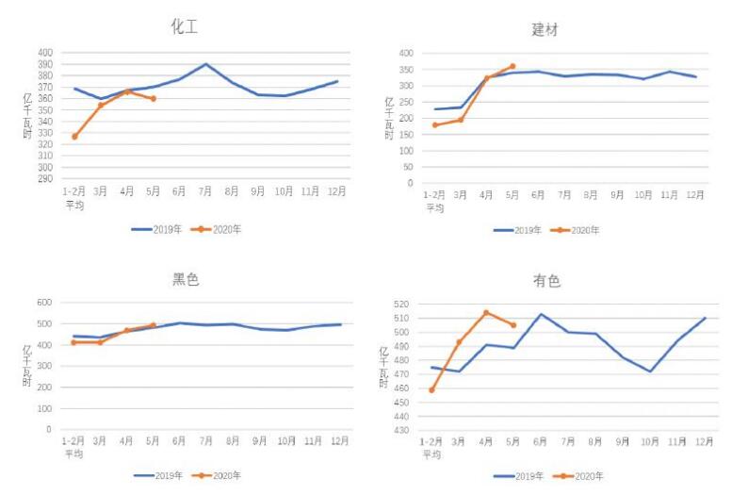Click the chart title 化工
(184, 26)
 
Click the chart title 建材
(545, 29)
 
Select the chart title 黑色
(186, 280)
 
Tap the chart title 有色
(545, 282)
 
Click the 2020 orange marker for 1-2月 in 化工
(74, 137)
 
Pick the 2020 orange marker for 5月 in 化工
(153, 98)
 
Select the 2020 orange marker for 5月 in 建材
(512, 66)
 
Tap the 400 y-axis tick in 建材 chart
(406, 53)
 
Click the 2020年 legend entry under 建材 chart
(577, 230)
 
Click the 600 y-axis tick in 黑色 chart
(45, 303)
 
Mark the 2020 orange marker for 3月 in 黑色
(100, 342)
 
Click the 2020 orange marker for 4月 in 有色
(486, 313)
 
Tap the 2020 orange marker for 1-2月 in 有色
(432, 389)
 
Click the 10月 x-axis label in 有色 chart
(650, 442)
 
